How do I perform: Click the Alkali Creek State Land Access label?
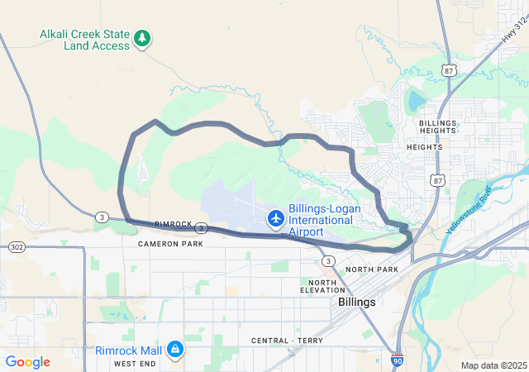[84, 40]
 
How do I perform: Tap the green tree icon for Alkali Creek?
[143, 37]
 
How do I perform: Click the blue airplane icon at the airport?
[275, 218]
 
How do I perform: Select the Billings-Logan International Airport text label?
[324, 221]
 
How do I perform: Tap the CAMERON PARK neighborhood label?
[170, 244]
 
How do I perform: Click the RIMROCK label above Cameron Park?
[173, 224]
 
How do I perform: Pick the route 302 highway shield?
[17, 247]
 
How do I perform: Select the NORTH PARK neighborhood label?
[372, 270]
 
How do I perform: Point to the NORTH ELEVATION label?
[322, 286]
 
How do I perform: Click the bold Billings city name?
[357, 303]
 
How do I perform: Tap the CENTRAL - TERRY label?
[284, 341]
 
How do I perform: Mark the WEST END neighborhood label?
[135, 364]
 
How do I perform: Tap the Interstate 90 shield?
[398, 360]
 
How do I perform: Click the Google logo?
[28, 362]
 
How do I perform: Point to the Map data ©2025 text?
[493, 365]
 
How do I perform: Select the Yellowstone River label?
[469, 208]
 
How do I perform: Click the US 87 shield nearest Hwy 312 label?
[449, 69]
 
